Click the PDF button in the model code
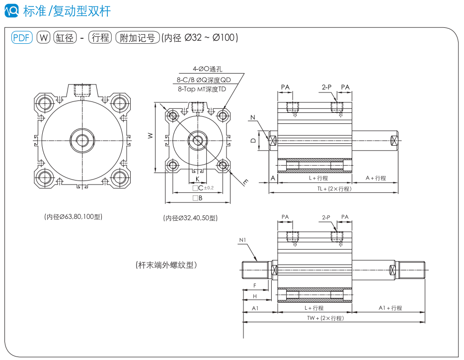[22, 38]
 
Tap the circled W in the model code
[44, 38]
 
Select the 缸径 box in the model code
[65, 38]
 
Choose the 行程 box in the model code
[100, 38]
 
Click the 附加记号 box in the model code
[138, 38]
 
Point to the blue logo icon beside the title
[13, 11]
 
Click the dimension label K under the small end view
[197, 179]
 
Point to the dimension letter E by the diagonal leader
[245, 182]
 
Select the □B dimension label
[197, 198]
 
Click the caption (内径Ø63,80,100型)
[73, 217]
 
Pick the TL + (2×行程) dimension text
[334, 188]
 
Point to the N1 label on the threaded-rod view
[242, 240]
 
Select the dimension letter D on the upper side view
[253, 141]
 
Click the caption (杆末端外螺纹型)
[166, 265]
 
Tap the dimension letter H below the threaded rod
[255, 296]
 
